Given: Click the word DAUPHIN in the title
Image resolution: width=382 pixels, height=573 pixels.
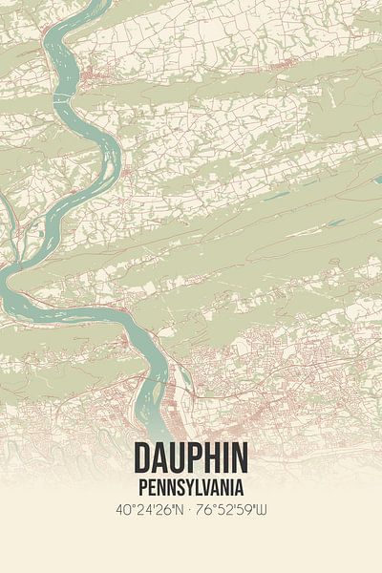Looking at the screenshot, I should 191,455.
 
